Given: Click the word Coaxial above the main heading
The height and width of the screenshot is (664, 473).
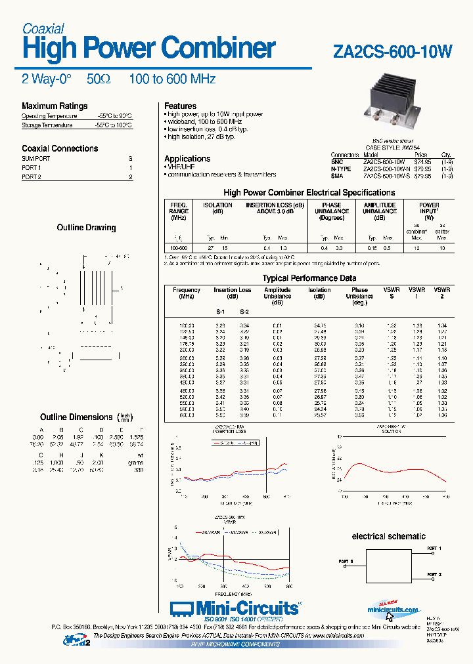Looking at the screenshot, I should click(x=43, y=29).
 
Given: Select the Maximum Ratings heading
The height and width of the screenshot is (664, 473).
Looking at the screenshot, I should click(x=55, y=106).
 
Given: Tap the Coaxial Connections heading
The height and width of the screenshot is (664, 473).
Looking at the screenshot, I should click(x=60, y=148).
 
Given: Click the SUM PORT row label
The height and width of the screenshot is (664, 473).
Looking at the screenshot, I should click(x=35, y=159).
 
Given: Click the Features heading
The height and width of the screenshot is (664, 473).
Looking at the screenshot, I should click(x=181, y=106).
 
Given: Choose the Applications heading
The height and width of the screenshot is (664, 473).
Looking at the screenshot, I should click(x=187, y=159).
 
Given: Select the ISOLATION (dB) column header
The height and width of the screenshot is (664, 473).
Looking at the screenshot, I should click(x=217, y=208).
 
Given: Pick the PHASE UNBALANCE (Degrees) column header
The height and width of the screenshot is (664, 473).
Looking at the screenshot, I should click(x=332, y=211).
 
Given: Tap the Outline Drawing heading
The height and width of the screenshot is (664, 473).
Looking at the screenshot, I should click(x=86, y=228).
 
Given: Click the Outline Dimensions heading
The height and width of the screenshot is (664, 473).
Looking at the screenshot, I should click(x=76, y=417).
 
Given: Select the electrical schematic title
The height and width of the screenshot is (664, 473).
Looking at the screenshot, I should click(x=389, y=536).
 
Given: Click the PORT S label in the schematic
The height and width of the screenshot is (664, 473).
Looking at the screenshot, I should click(x=346, y=562).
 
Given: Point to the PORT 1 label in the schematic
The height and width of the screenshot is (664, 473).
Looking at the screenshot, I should click(x=434, y=548).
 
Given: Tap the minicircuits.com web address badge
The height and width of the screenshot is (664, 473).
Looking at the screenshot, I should click(x=393, y=610).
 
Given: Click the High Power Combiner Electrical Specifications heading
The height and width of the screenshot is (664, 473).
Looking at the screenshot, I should click(x=309, y=192).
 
